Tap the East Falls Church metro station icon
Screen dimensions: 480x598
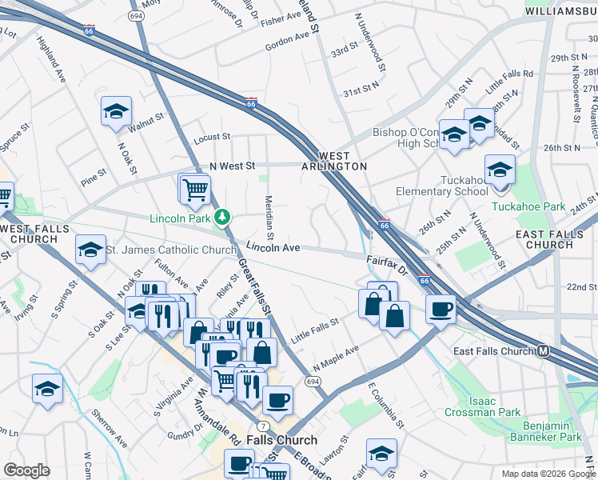(x=544, y=351)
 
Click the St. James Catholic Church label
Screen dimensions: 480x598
(x=172, y=250)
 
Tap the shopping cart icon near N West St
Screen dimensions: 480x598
(x=194, y=189)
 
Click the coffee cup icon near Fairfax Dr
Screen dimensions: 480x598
(x=440, y=309)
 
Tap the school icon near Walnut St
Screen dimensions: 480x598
(x=116, y=111)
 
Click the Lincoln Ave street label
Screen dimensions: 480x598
(x=273, y=248)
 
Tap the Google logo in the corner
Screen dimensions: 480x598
(x=26, y=470)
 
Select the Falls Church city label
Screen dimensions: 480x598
(x=281, y=440)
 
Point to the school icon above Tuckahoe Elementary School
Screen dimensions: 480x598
(x=500, y=170)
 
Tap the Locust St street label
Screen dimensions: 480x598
(x=211, y=137)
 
